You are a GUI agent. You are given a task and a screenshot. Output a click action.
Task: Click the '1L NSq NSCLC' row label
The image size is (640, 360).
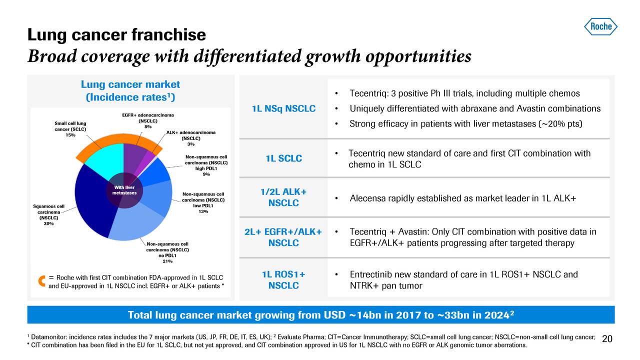click(283, 109)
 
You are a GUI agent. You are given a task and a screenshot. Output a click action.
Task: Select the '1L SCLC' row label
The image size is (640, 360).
click(283, 158)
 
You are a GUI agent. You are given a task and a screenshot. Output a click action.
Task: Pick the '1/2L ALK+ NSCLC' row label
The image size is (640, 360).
click(283, 197)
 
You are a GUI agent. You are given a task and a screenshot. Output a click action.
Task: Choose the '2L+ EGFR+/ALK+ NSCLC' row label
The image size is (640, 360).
click(283, 237)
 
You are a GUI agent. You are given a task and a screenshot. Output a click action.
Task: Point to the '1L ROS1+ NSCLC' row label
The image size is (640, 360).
click(283, 280)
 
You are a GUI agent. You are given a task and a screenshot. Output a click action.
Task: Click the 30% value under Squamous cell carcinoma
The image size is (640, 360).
click(48, 223)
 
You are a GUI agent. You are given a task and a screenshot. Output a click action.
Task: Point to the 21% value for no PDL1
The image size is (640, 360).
click(167, 260)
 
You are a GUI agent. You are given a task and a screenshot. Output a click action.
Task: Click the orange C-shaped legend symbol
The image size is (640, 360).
click(42, 281)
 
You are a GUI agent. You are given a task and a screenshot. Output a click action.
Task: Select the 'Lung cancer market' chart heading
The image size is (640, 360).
click(130, 84)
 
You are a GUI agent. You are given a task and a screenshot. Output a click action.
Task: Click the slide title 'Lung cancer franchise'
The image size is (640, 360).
click(116, 34)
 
